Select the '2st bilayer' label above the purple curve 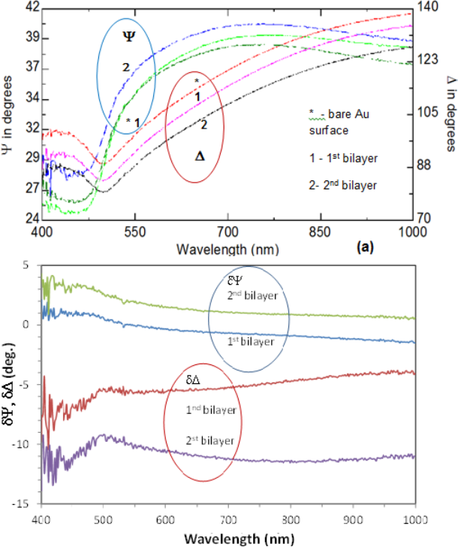[x=211, y=437]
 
